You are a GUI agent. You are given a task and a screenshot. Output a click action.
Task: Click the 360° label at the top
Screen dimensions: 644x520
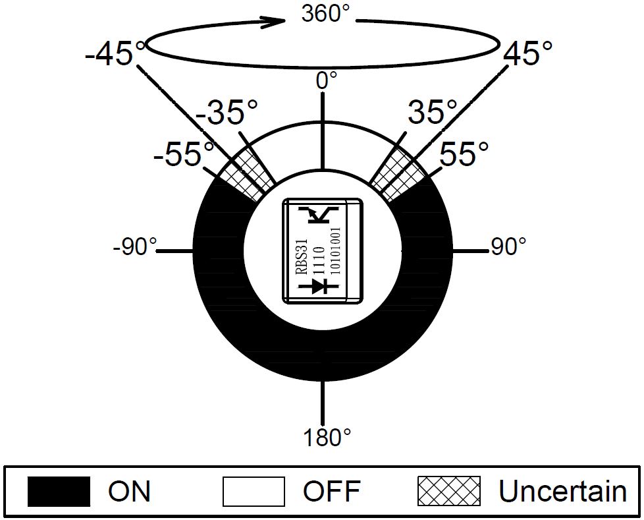pos(326,14)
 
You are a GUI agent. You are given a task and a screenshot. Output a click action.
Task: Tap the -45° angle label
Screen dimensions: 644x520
pos(115,52)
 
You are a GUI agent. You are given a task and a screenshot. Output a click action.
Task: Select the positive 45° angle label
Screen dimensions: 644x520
pos(527,52)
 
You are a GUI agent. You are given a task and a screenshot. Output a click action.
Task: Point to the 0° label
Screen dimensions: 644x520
pos(327,80)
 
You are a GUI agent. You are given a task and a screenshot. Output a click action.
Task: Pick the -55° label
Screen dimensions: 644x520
pos(184,154)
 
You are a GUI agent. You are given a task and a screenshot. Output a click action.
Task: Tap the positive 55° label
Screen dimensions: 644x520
pos(464,154)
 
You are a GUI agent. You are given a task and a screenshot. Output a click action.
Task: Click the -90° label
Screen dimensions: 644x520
pos(135,247)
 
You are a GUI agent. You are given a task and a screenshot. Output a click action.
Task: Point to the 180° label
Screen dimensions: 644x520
pos(327,438)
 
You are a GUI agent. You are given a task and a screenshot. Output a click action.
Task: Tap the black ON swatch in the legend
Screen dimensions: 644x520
pos(59,491)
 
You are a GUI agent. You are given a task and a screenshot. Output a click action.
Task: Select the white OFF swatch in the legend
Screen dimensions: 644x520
pos(254,491)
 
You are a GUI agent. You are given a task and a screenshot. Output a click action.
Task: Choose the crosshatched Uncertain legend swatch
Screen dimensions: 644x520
pos(449,491)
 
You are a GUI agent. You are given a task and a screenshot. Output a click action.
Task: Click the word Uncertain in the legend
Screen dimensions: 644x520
pos(563,491)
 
